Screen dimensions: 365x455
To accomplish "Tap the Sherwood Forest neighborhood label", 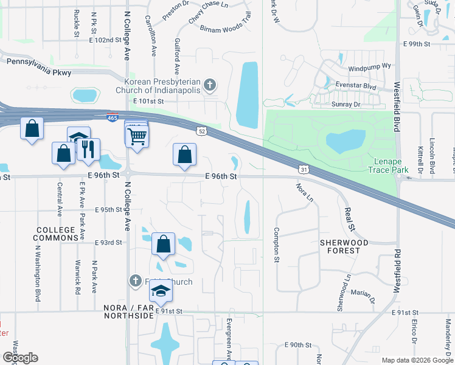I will [x=344, y=246].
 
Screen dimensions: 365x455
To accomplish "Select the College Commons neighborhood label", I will [x=58, y=234].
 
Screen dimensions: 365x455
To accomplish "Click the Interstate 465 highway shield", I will [x=112, y=117].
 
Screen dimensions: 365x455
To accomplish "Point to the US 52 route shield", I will [x=202, y=130].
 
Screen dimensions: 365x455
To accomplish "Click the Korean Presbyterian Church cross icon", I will [x=210, y=85].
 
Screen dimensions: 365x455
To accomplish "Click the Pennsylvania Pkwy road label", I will [x=39, y=66].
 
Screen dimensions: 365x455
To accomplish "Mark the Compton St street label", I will [x=276, y=245].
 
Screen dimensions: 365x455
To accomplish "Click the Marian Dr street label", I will [x=363, y=294].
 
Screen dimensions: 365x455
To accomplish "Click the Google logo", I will [x=20, y=358].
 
